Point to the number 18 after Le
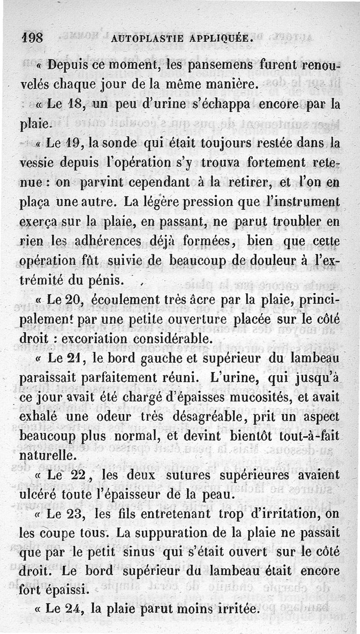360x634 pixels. click(x=76, y=105)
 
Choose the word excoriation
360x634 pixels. click(x=101, y=337)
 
